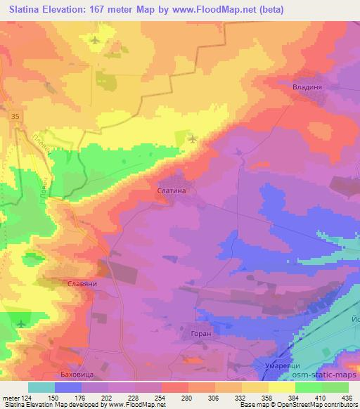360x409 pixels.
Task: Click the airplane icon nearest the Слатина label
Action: tap(193, 138)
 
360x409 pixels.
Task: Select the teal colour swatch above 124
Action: tap(41, 387)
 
